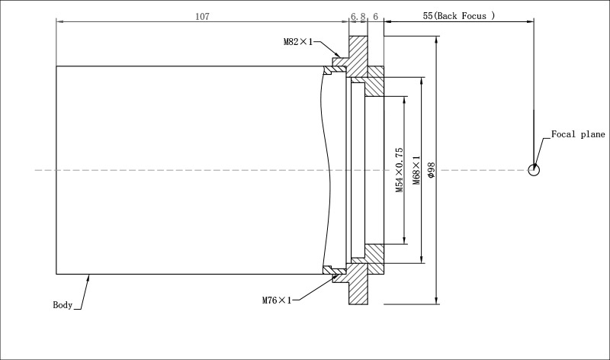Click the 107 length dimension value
tap(201, 15)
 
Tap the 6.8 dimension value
tap(358, 15)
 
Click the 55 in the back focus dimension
tap(427, 15)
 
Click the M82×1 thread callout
tap(298, 42)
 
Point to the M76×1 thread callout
tap(278, 301)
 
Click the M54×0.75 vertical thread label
tap(400, 170)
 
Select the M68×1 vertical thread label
tap(417, 170)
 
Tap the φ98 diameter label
tap(432, 170)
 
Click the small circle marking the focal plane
tap(534, 169)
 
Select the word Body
tap(63, 305)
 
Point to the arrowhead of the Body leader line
tap(90, 277)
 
